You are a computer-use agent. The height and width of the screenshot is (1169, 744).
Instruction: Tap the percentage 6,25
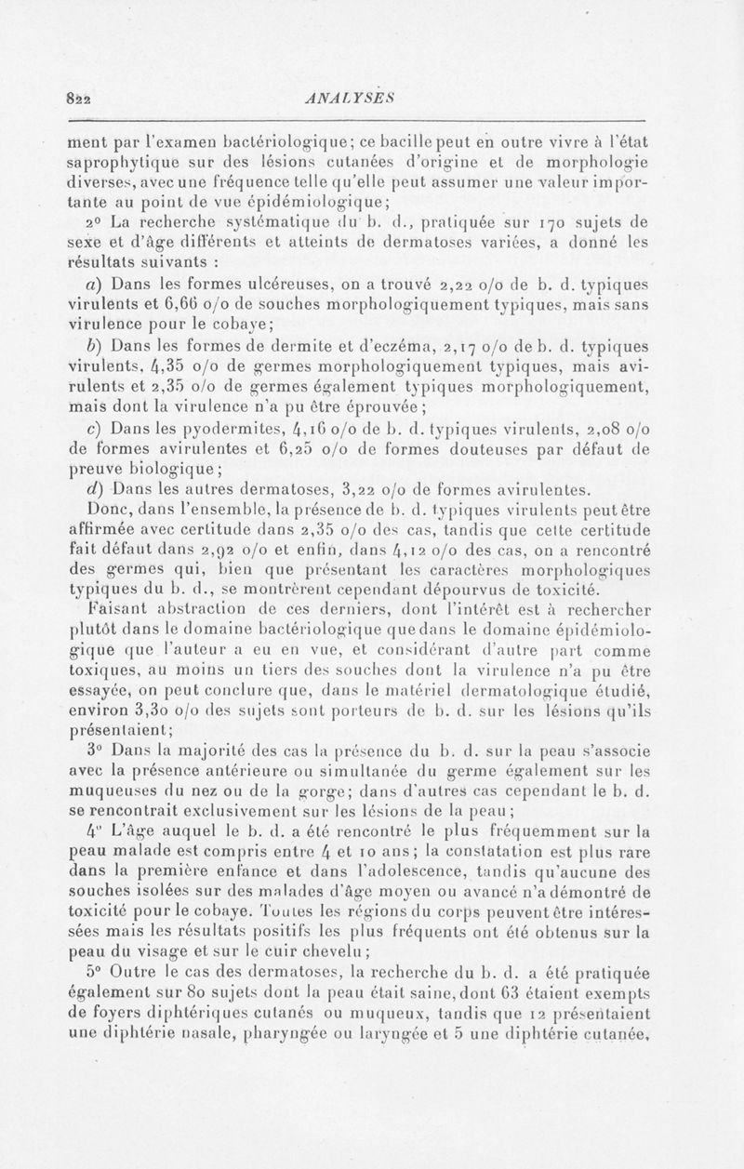coord(277,474)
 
